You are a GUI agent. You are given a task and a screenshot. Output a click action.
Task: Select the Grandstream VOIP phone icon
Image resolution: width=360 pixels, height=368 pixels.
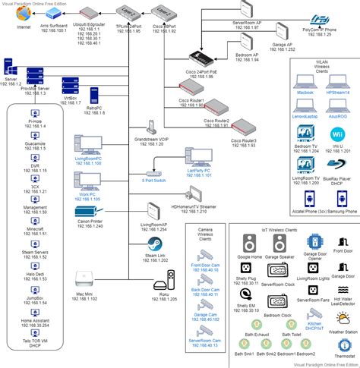point(152,124)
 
